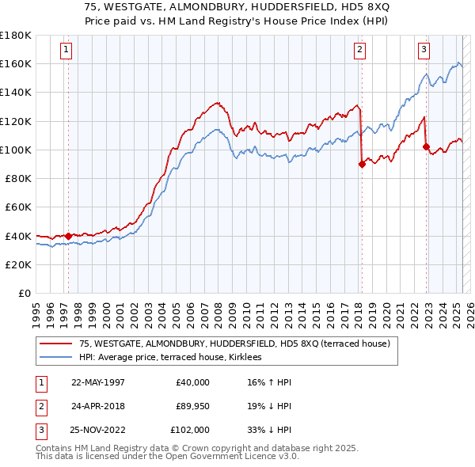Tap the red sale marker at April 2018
(x=362, y=165)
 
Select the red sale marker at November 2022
(x=426, y=146)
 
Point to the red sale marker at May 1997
(x=69, y=235)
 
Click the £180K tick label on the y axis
(x=17, y=36)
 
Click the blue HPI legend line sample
(x=55, y=357)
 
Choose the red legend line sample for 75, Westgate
(x=55, y=344)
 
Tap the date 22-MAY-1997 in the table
(x=99, y=382)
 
